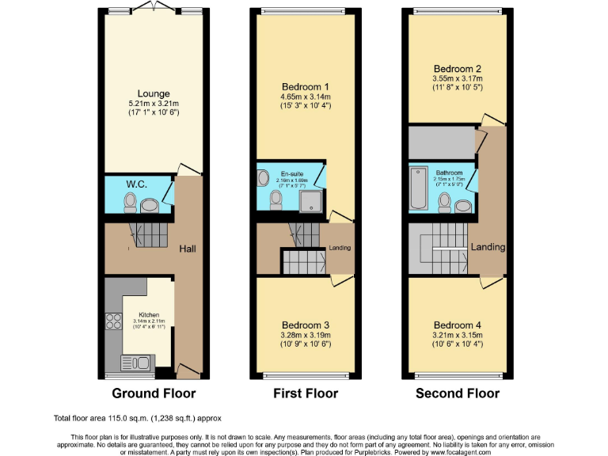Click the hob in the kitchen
112,322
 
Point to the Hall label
188,249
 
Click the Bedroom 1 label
305,85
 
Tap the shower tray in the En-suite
311,201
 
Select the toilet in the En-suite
275,204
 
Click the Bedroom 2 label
457,68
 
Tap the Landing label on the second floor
488,247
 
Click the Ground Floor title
154,393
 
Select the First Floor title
305,393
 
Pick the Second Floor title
458,393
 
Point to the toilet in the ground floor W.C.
130,204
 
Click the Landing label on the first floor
340,248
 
